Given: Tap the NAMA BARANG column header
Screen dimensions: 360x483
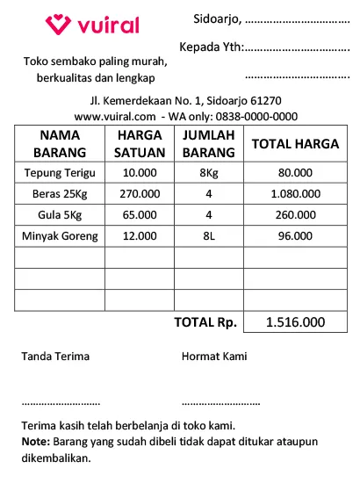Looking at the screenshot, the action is coord(60,143).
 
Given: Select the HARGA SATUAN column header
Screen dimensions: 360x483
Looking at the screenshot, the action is coord(140,143).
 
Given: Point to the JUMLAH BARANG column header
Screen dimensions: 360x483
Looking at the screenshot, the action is coord(209,143).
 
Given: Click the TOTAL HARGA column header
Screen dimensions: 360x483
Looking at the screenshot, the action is coord(295,144).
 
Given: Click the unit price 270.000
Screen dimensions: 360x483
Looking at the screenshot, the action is coord(140,193).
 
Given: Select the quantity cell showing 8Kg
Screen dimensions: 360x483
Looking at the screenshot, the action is coord(209,172).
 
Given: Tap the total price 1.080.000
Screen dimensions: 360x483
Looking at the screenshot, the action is coord(295,193).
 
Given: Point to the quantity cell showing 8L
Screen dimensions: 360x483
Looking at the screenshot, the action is coord(209,235).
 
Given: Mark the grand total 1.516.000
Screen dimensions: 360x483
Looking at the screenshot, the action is coord(295,322).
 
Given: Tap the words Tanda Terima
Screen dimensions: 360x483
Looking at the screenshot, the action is coord(55,357).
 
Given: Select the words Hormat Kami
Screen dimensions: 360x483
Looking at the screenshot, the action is coord(214,357).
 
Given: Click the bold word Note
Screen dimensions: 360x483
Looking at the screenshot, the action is coord(35,441).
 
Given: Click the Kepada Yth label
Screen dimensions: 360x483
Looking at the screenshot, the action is coord(211,47).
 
